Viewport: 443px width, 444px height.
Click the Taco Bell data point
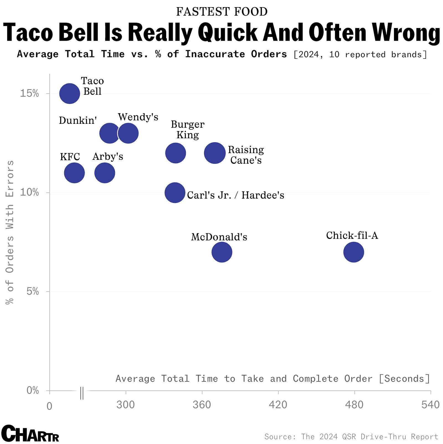pyautogui.click(x=69, y=94)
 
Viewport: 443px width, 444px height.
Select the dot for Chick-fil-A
pyautogui.click(x=354, y=252)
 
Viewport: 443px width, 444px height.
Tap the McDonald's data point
pyautogui.click(x=222, y=252)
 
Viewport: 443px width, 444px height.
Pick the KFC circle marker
pyautogui.click(x=74, y=173)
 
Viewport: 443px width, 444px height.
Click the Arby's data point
pyautogui.click(x=105, y=173)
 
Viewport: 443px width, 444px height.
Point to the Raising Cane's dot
pyautogui.click(x=215, y=153)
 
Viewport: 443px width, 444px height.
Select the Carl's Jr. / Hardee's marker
pyautogui.click(x=175, y=193)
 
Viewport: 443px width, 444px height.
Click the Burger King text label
pyautogui.click(x=187, y=130)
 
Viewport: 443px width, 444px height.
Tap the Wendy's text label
pyautogui.click(x=138, y=117)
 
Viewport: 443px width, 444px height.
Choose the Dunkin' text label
pyautogui.click(x=78, y=120)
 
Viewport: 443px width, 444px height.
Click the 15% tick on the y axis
pyautogui.click(x=29, y=94)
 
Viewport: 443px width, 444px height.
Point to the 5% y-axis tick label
pyautogui.click(x=33, y=291)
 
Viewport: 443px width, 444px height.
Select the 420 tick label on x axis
pyautogui.click(x=278, y=405)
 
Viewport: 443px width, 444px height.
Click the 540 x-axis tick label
pyautogui.click(x=430, y=405)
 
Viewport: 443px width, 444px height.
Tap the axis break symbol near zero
pyautogui.click(x=82, y=393)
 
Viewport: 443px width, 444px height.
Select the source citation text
pyautogui.click(x=351, y=437)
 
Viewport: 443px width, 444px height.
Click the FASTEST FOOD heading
pyautogui.click(x=222, y=12)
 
